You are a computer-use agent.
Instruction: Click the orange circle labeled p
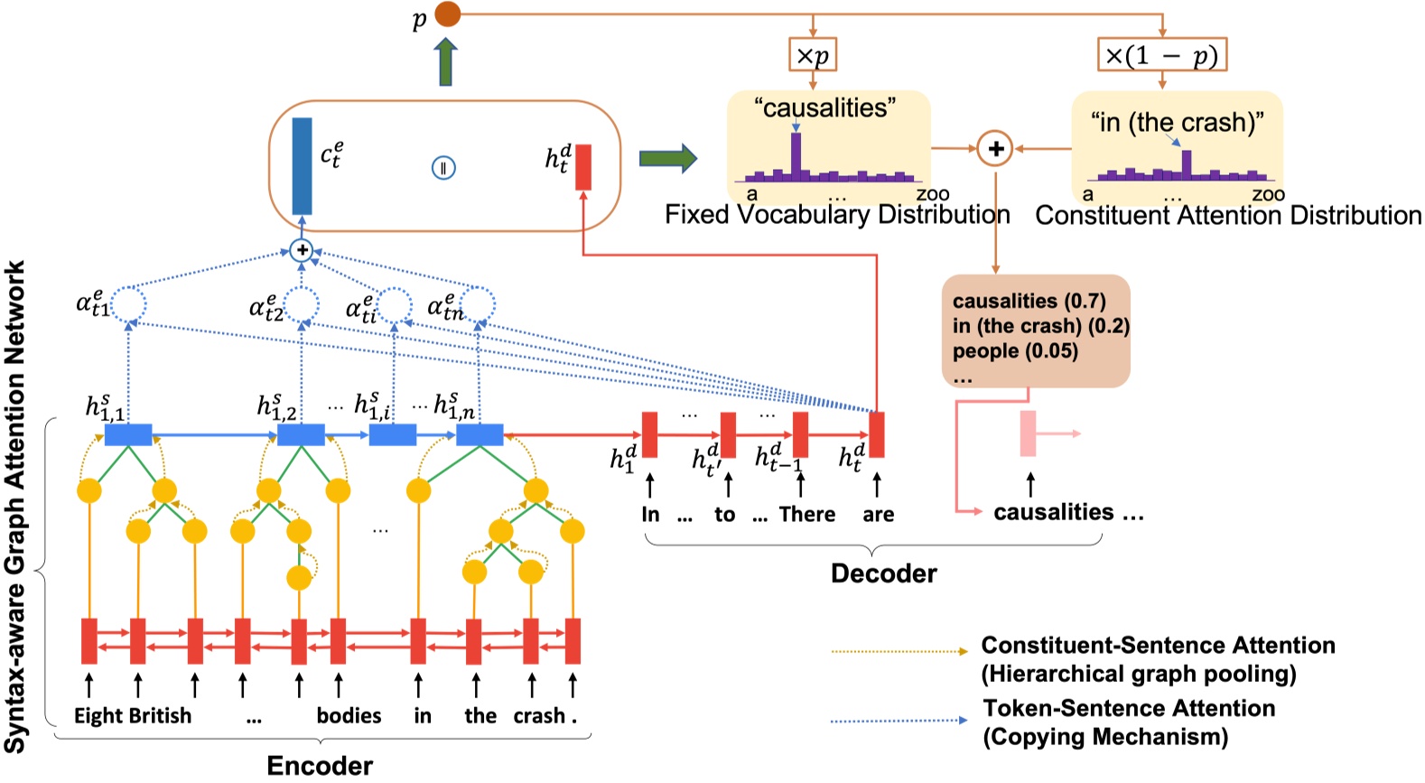coord(447,14)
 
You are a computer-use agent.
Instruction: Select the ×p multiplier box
coord(813,56)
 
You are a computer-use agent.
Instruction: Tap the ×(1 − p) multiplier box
coord(1161,56)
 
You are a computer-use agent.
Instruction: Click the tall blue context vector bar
coord(302,165)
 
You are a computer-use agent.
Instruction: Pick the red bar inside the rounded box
coord(583,167)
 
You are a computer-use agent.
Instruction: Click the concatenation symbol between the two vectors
coord(442,168)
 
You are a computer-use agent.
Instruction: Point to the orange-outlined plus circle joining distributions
coord(995,149)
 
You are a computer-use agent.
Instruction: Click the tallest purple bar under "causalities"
coord(796,155)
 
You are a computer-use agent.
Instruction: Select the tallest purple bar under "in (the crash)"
coord(1187,163)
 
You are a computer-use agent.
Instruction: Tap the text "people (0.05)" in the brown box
coord(1015,351)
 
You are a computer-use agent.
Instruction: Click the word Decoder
coord(883,573)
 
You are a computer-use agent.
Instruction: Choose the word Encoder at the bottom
coord(320,766)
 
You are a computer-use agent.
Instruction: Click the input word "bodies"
coord(349,715)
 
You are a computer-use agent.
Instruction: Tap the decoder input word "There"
coord(806,515)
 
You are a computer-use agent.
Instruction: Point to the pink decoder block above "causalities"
coord(1028,433)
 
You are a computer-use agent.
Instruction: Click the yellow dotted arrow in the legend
coord(899,650)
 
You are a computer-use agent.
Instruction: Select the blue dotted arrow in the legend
coord(899,721)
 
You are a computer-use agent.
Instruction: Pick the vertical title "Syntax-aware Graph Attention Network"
coord(15,506)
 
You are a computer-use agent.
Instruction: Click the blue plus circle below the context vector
coord(302,250)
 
